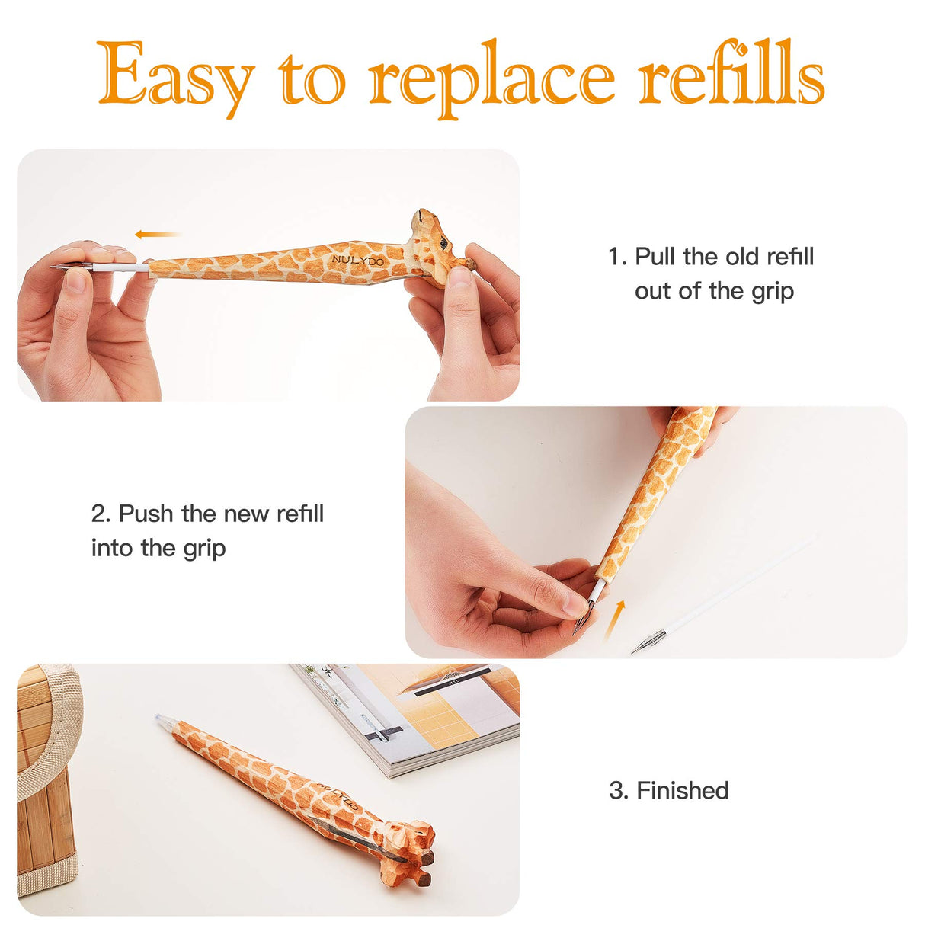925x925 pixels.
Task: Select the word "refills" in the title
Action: click(x=731, y=75)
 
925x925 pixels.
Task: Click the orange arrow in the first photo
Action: click(x=157, y=234)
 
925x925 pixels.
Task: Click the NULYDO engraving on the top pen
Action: click(x=358, y=261)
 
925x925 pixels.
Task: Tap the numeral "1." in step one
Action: click(x=617, y=257)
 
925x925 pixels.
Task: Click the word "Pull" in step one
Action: click(x=656, y=257)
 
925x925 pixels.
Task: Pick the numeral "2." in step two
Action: click(x=101, y=514)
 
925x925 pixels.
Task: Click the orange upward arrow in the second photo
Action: click(x=616, y=618)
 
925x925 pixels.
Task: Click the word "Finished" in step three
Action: click(x=682, y=790)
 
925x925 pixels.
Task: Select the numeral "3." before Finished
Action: click(x=618, y=790)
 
